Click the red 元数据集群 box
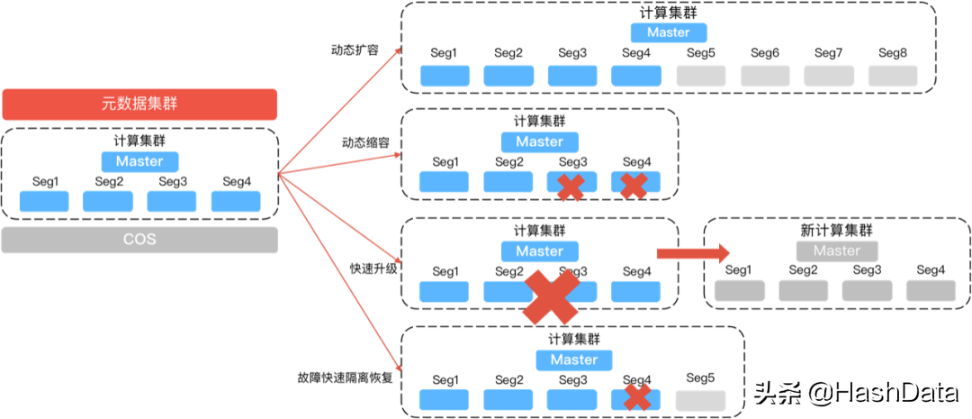[x=139, y=105]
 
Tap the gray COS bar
[x=139, y=240]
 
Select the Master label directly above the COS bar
[x=139, y=161]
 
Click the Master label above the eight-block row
[x=669, y=32]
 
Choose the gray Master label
[x=837, y=251]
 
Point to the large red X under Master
[x=551, y=296]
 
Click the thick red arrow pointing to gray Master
[x=692, y=254]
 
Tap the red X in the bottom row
[x=637, y=396]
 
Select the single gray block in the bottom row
[x=700, y=401]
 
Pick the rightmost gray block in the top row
[x=893, y=76]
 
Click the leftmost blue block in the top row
[x=445, y=76]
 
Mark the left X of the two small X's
[x=570, y=187]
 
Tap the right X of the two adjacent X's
[x=634, y=187]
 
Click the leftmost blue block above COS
[x=44, y=201]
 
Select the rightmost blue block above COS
[x=236, y=201]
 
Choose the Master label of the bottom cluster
[x=573, y=360]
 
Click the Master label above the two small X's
[x=539, y=142]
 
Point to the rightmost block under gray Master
[x=931, y=291]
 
